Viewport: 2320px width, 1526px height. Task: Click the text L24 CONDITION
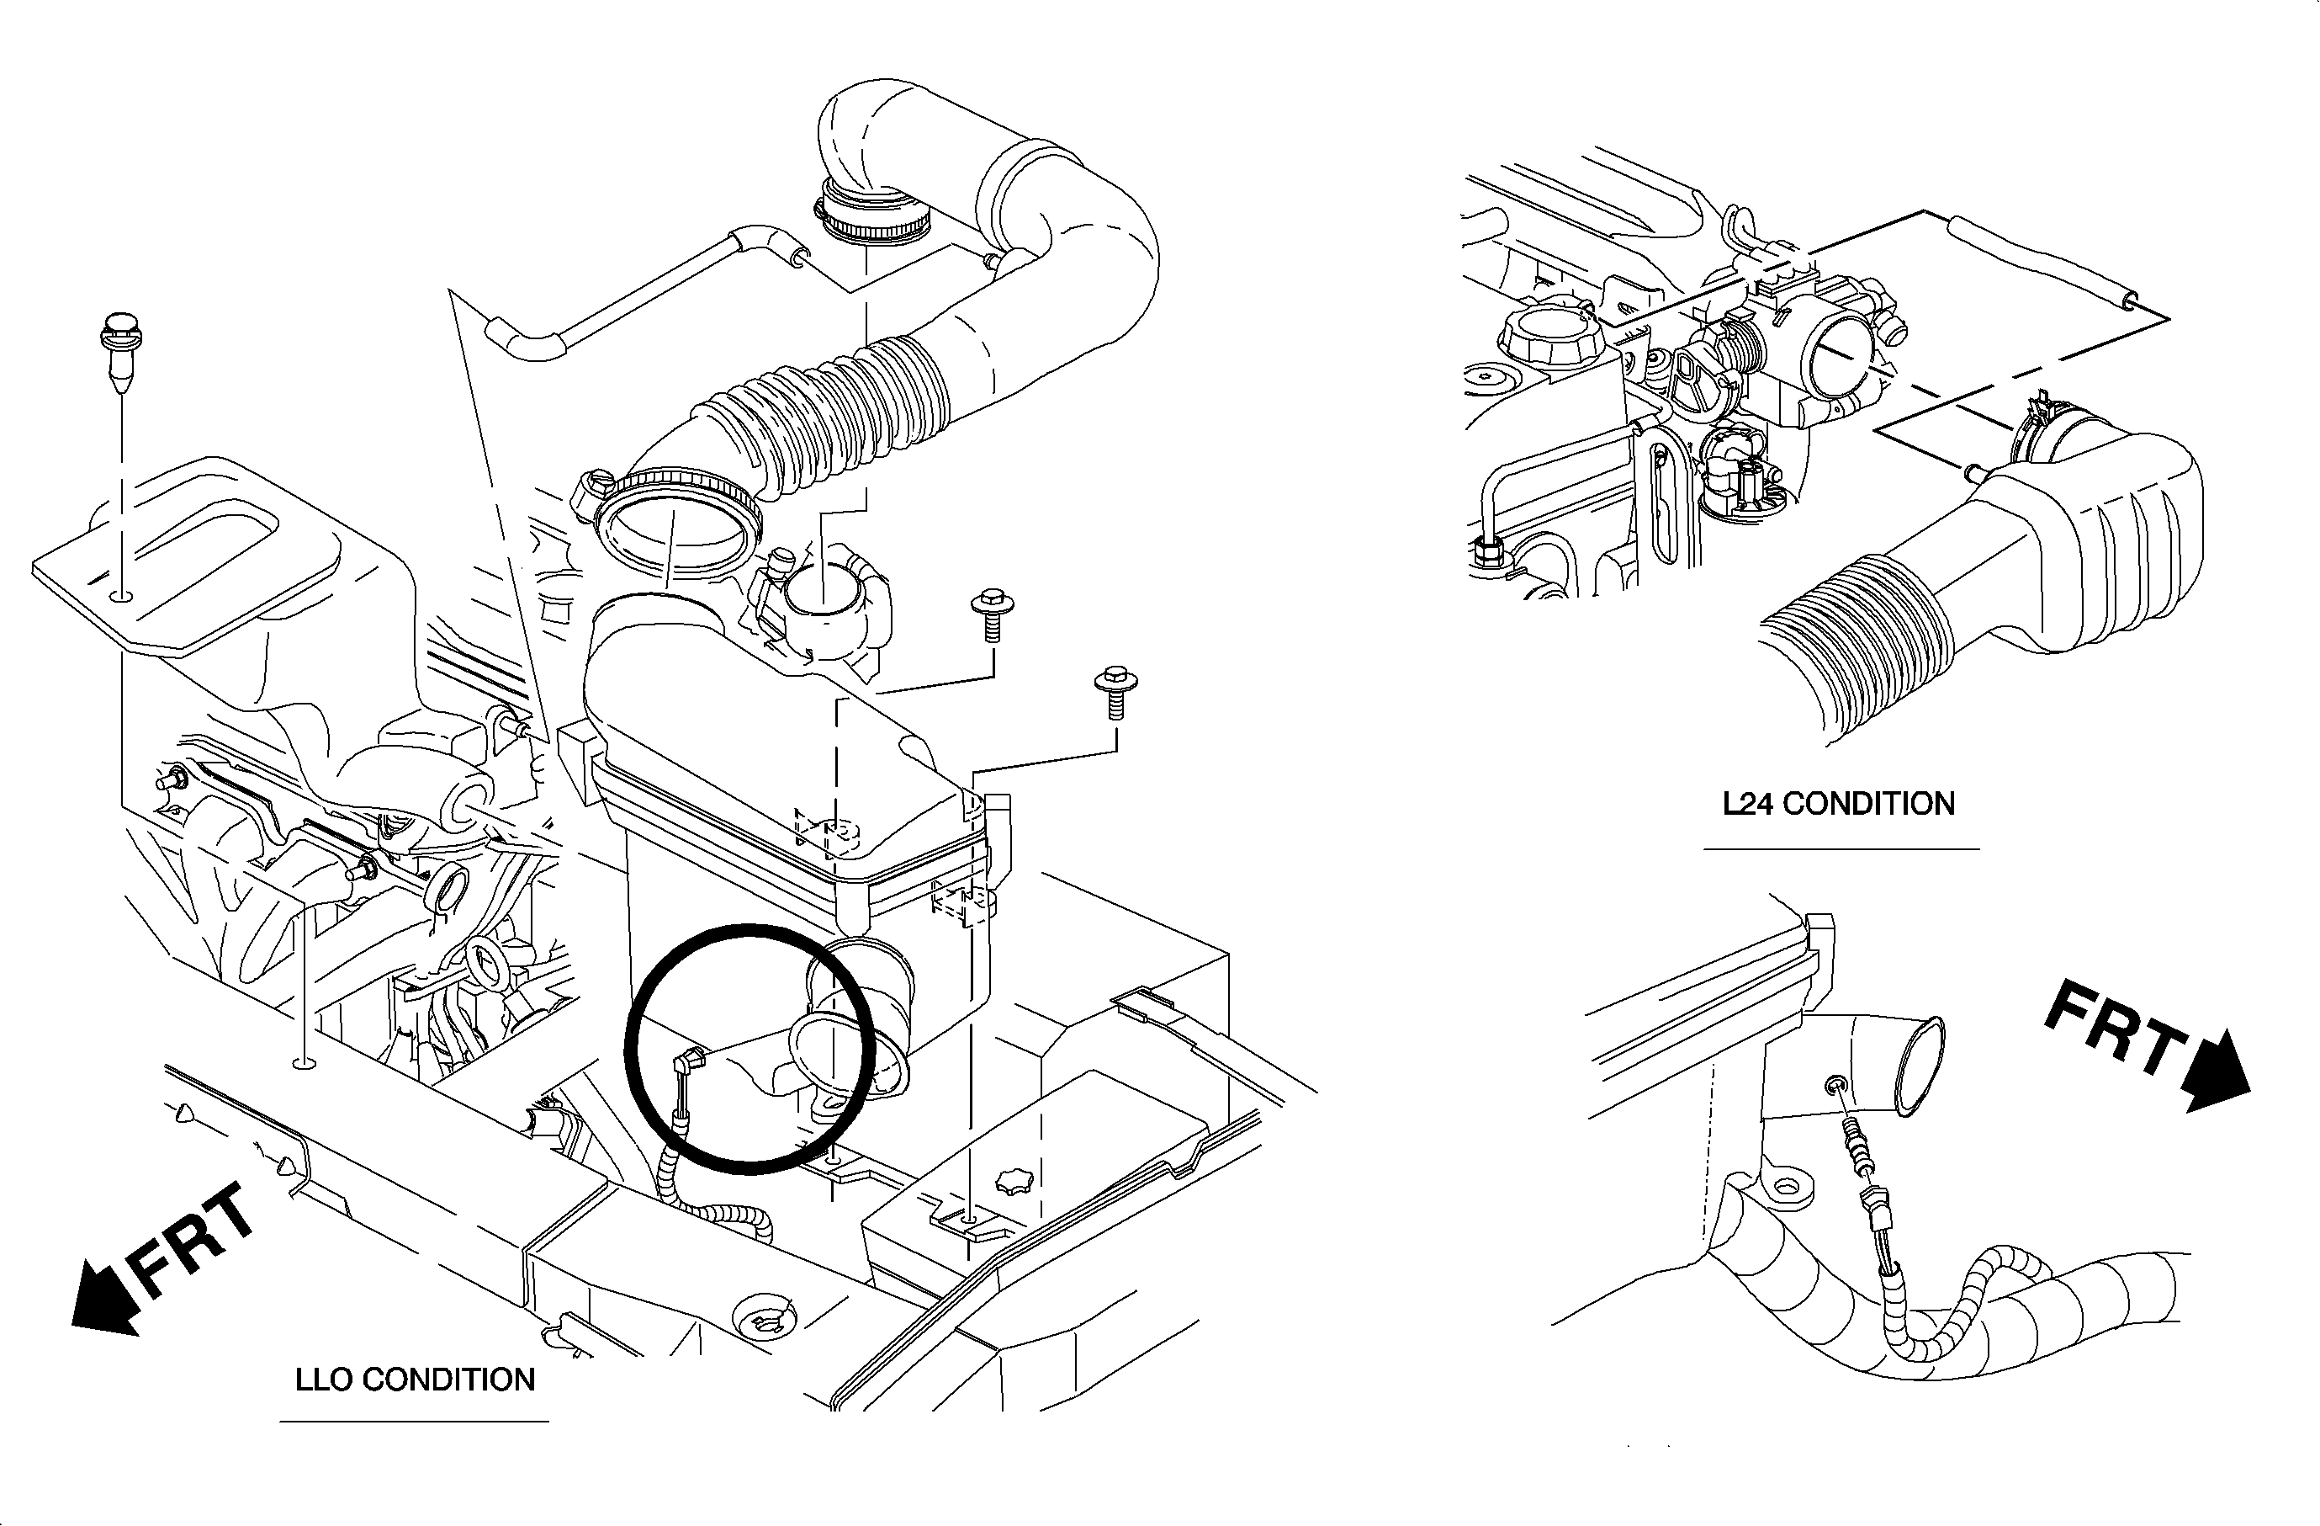click(x=1839, y=804)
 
